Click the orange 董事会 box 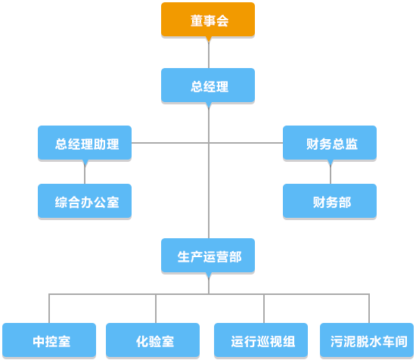click(208, 20)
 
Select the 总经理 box click(208, 85)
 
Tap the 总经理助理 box click(85, 143)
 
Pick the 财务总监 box click(330, 143)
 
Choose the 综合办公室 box click(85, 201)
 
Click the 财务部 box click(330, 201)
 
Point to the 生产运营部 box click(208, 256)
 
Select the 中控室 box click(49, 340)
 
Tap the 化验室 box click(153, 340)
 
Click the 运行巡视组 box click(261, 340)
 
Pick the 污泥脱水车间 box click(367, 340)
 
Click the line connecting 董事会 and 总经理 click(209, 55)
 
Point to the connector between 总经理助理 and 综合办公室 click(85, 175)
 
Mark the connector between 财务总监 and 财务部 click(331, 175)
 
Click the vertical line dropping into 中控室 click(49, 309)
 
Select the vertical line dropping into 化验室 click(156, 309)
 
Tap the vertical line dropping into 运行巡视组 click(264, 309)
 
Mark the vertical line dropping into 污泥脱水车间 click(369, 309)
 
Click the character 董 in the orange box click(197, 20)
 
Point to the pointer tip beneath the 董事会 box click(209, 42)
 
